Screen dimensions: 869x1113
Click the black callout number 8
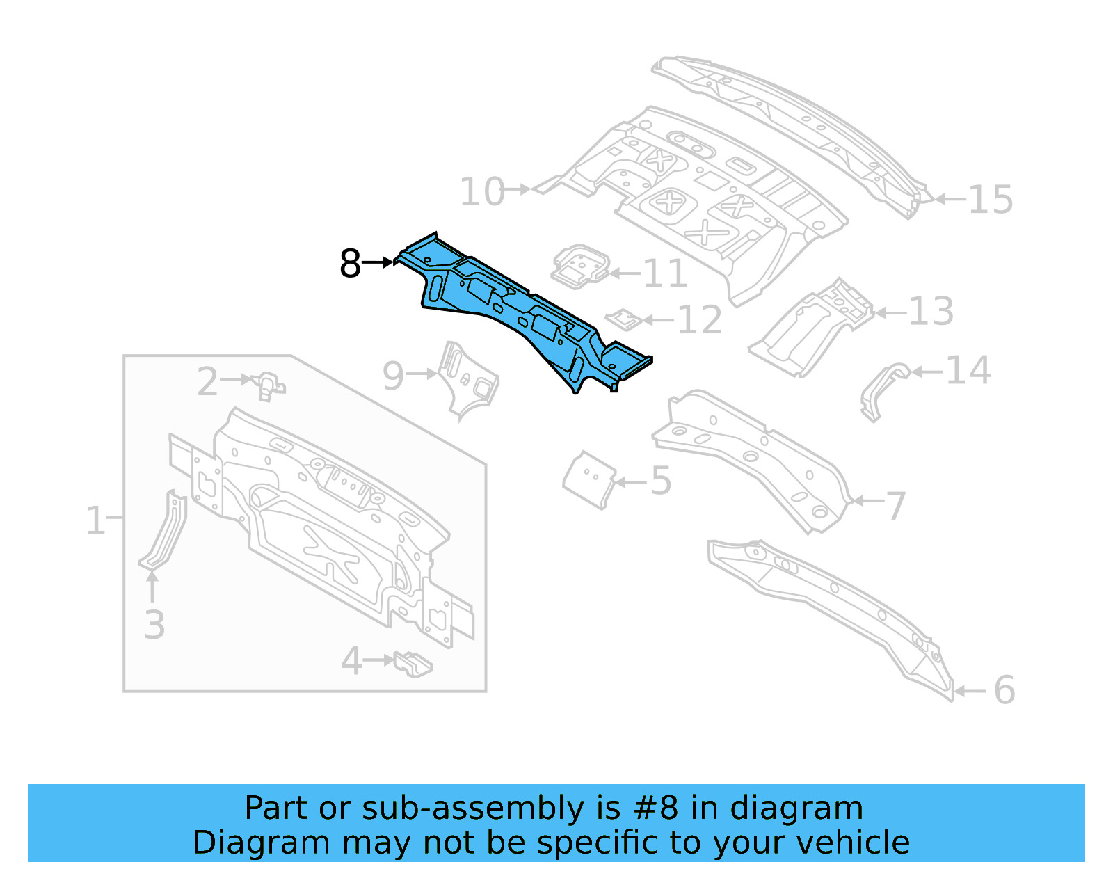[350, 264]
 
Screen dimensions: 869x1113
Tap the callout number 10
[481, 192]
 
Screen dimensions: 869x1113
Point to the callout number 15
[990, 200]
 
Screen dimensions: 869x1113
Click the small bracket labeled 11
[579, 266]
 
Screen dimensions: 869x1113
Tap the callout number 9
[393, 376]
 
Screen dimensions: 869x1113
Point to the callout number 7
[895, 506]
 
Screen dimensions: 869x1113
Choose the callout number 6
[1004, 690]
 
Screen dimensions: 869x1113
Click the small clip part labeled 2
[269, 385]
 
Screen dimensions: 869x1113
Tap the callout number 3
[154, 624]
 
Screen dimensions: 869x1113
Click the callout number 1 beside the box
[95, 520]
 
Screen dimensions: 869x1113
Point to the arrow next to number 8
[378, 262]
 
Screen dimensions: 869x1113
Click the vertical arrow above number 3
[152, 586]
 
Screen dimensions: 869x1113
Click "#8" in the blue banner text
[655, 808]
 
